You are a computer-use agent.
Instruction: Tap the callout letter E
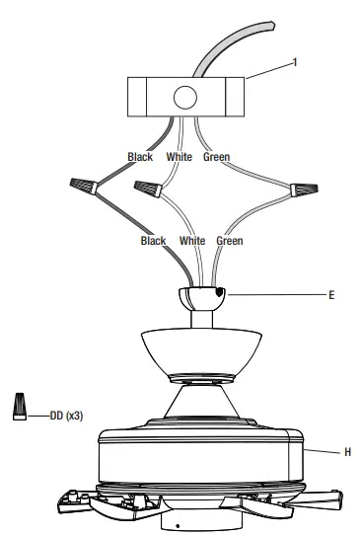tap(333, 294)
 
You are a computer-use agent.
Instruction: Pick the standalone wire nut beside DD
tap(19, 405)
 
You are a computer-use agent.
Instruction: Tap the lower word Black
tap(153, 240)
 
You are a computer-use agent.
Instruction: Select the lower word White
tap(193, 240)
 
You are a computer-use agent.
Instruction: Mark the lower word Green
tap(229, 240)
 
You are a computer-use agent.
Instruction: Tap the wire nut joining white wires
tap(150, 186)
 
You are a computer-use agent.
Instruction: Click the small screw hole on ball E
tap(219, 293)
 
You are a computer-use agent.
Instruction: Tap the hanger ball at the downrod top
tap(201, 296)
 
